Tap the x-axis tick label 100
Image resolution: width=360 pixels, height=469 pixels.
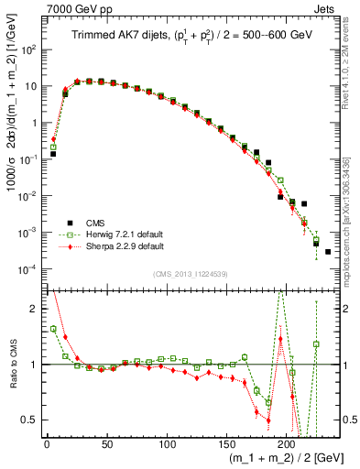[x=167, y=444]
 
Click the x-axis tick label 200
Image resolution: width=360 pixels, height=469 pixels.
[x=287, y=444]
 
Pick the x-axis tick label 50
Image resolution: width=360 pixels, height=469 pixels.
[x=106, y=444]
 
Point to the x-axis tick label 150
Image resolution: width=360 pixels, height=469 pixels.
[x=226, y=444]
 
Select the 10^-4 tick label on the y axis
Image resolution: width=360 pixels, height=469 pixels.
[x=28, y=268]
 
